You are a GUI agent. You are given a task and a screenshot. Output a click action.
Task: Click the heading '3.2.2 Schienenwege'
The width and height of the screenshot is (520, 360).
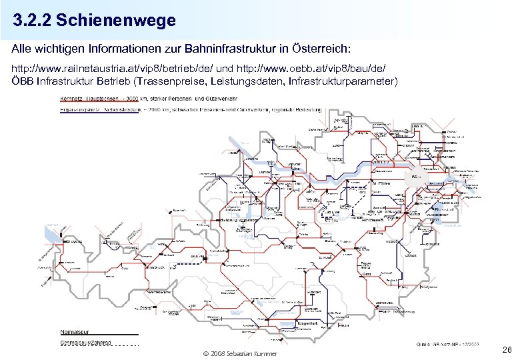point(94,21)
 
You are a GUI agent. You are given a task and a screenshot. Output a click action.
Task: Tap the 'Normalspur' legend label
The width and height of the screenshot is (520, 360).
point(79,331)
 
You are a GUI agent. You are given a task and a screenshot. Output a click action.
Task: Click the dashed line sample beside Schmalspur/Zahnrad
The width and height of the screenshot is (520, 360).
point(127,345)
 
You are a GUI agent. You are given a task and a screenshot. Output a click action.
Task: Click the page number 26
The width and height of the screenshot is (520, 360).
point(507,349)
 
